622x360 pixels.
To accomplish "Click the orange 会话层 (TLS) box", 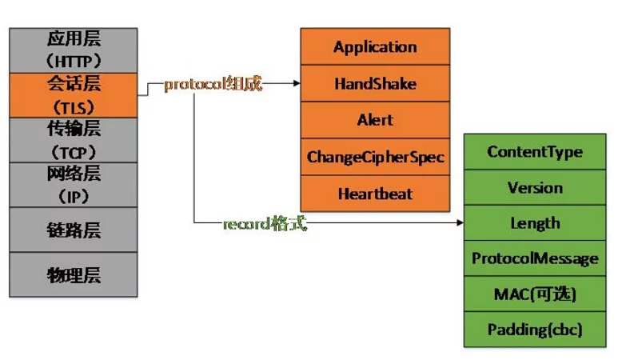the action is (x=74, y=95).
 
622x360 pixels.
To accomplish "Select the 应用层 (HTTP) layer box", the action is (x=74, y=50).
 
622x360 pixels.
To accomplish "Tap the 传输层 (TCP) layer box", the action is (x=74, y=140).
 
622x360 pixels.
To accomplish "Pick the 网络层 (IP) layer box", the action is (x=74, y=185).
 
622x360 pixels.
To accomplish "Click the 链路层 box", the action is (x=74, y=230).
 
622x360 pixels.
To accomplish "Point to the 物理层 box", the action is (x=74, y=274).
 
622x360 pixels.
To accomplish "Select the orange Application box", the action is (x=375, y=46).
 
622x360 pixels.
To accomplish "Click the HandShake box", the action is (x=375, y=83).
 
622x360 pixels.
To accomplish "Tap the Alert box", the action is (x=375, y=120).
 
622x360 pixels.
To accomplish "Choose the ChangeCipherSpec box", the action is (x=375, y=157).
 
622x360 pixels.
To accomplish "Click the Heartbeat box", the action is (x=375, y=194).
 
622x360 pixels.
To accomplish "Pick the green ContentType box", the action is (x=535, y=152).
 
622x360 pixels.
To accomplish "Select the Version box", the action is (x=535, y=187).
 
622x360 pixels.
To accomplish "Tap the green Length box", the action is (x=535, y=222).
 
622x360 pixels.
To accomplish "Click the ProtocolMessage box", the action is (x=535, y=258).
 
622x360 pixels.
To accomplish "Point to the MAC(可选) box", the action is (x=535, y=294).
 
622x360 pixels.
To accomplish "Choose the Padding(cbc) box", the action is (x=535, y=330).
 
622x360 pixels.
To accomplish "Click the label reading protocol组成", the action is (x=213, y=84).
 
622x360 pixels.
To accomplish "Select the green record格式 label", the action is (x=265, y=223).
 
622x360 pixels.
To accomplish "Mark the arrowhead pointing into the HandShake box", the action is (x=297, y=83).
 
